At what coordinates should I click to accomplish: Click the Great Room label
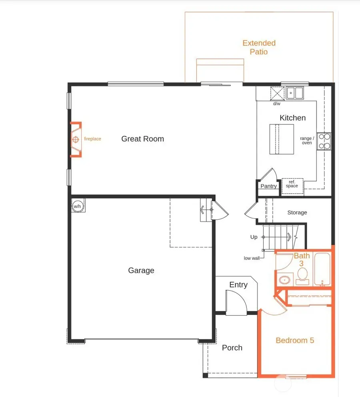click(x=142, y=139)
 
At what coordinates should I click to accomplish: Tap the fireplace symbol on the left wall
click(x=76, y=139)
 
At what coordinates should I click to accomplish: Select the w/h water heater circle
click(x=77, y=206)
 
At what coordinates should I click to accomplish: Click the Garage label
click(x=141, y=271)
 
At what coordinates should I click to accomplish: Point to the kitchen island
click(x=281, y=139)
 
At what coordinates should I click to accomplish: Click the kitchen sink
click(x=295, y=92)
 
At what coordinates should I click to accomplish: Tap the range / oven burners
click(x=324, y=141)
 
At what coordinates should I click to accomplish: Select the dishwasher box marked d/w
click(x=277, y=93)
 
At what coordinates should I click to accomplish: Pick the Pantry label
click(x=268, y=186)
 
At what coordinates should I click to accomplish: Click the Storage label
click(x=297, y=213)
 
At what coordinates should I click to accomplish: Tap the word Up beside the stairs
click(x=254, y=237)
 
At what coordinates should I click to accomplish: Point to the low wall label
click(x=252, y=258)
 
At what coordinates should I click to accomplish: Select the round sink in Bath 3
click(x=284, y=279)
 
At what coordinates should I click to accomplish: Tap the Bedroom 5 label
click(x=295, y=340)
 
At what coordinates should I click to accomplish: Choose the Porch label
click(x=232, y=348)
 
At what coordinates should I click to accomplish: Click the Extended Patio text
click(x=259, y=47)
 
